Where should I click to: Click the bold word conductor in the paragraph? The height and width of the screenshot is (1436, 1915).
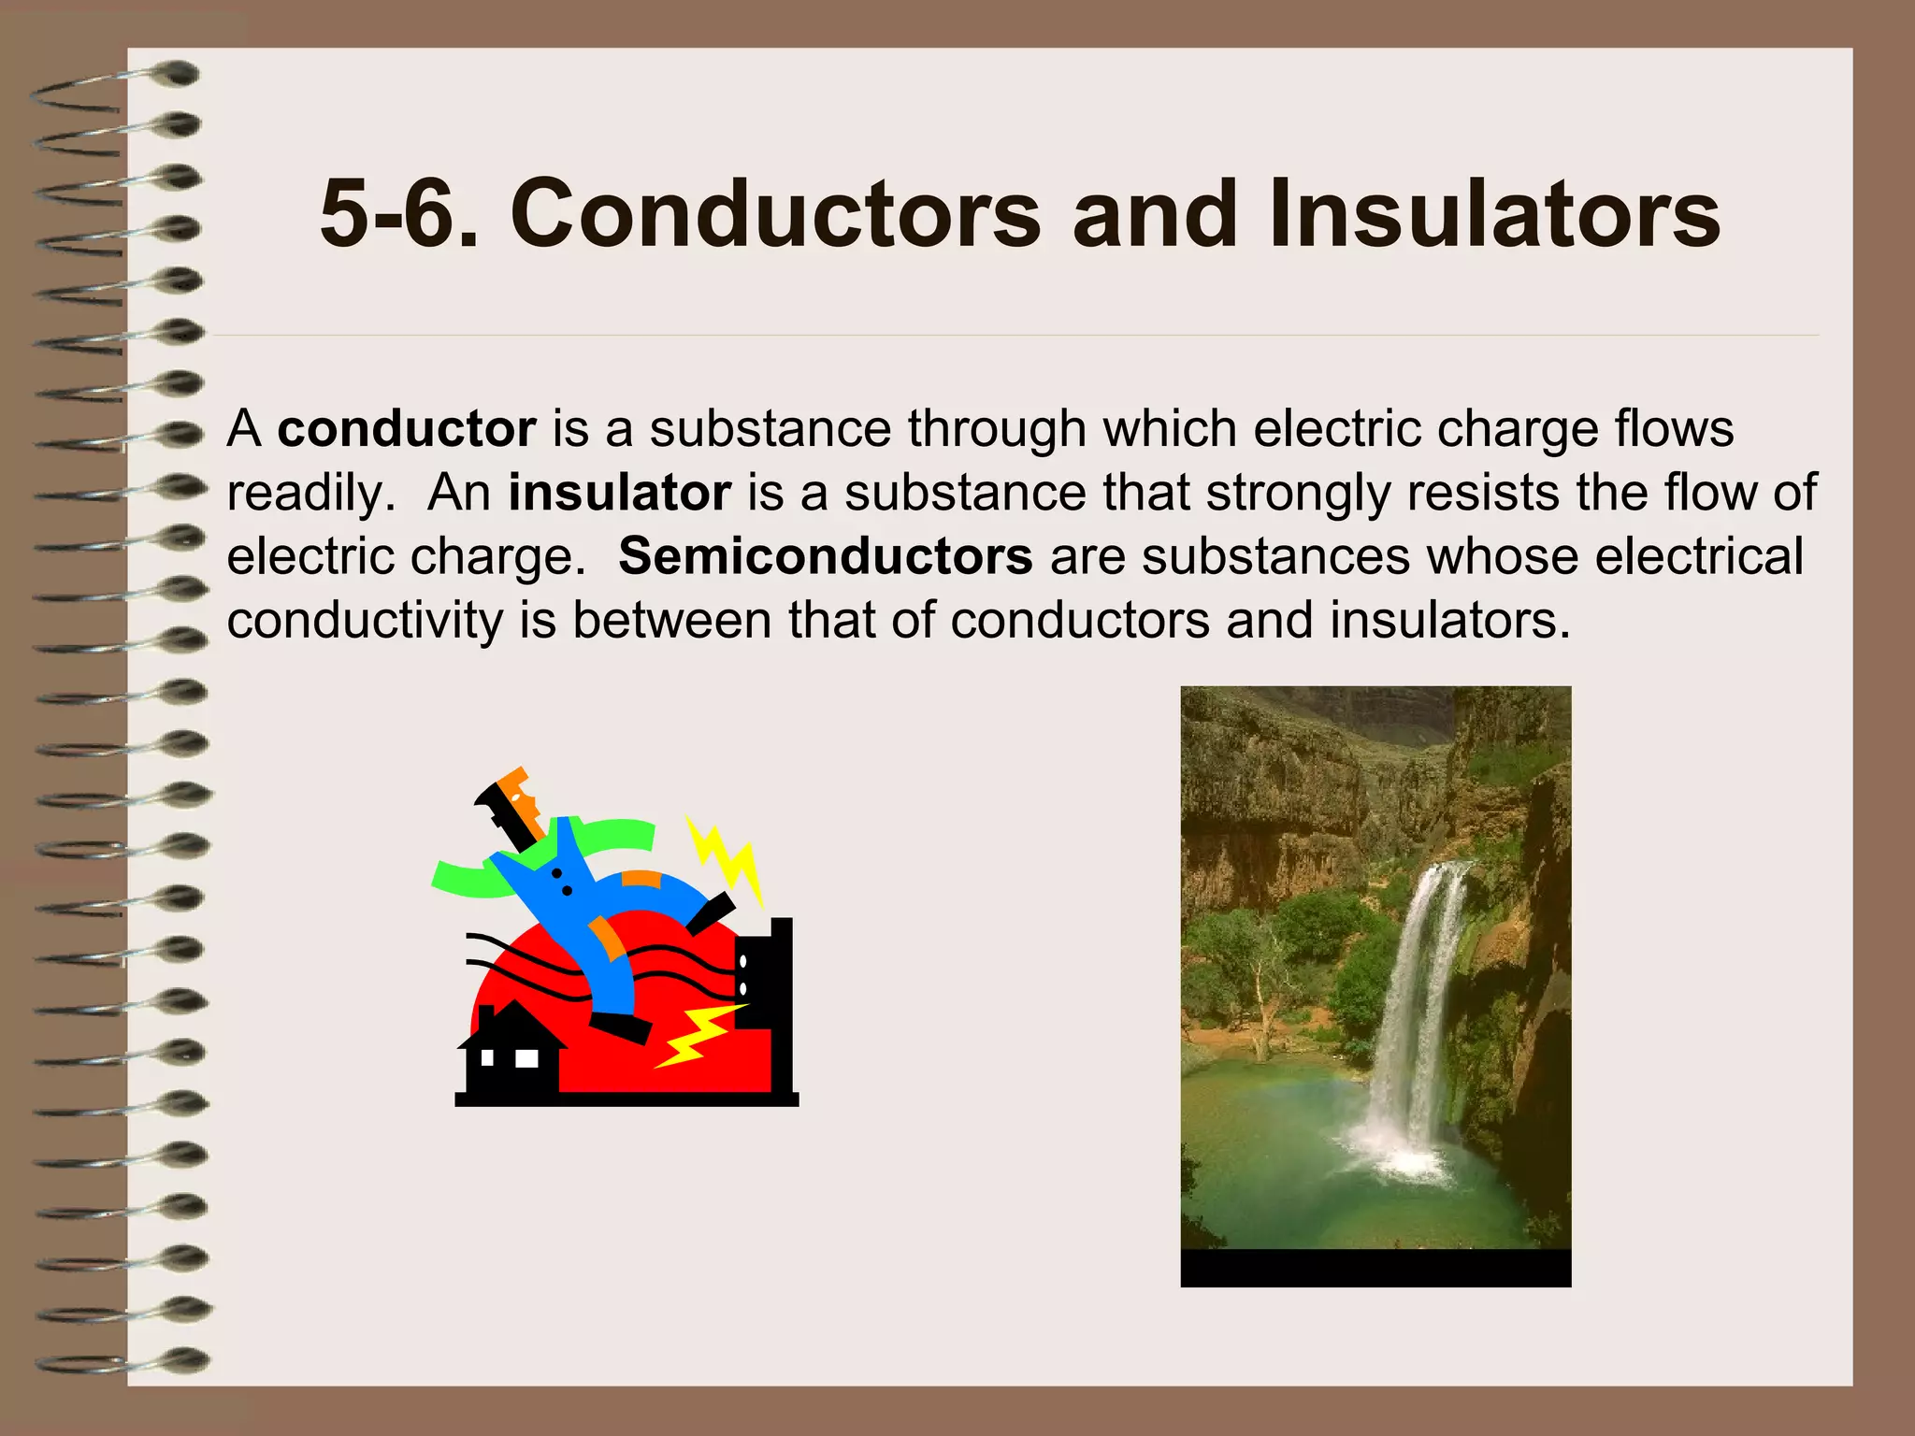tap(407, 429)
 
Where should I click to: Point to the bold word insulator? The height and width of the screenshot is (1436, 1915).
tap(619, 493)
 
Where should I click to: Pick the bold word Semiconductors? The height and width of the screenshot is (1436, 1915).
tap(825, 556)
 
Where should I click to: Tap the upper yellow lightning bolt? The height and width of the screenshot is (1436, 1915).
tap(727, 855)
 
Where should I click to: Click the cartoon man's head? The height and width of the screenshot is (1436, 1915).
tap(512, 804)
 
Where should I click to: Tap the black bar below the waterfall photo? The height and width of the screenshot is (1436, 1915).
tap(1375, 1268)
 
